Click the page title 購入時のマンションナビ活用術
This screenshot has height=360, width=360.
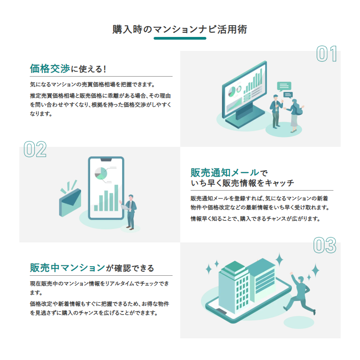point(180,30)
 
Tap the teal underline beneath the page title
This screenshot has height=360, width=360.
point(180,38)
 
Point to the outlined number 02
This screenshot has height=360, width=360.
point(35,150)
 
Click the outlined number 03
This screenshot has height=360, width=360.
point(324,246)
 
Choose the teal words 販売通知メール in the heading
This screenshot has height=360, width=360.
point(225,173)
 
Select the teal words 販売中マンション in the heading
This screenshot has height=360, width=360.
point(68,268)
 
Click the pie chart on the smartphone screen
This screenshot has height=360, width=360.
point(100,173)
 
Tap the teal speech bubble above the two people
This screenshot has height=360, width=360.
point(284,86)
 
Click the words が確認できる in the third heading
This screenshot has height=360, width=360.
point(130,269)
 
